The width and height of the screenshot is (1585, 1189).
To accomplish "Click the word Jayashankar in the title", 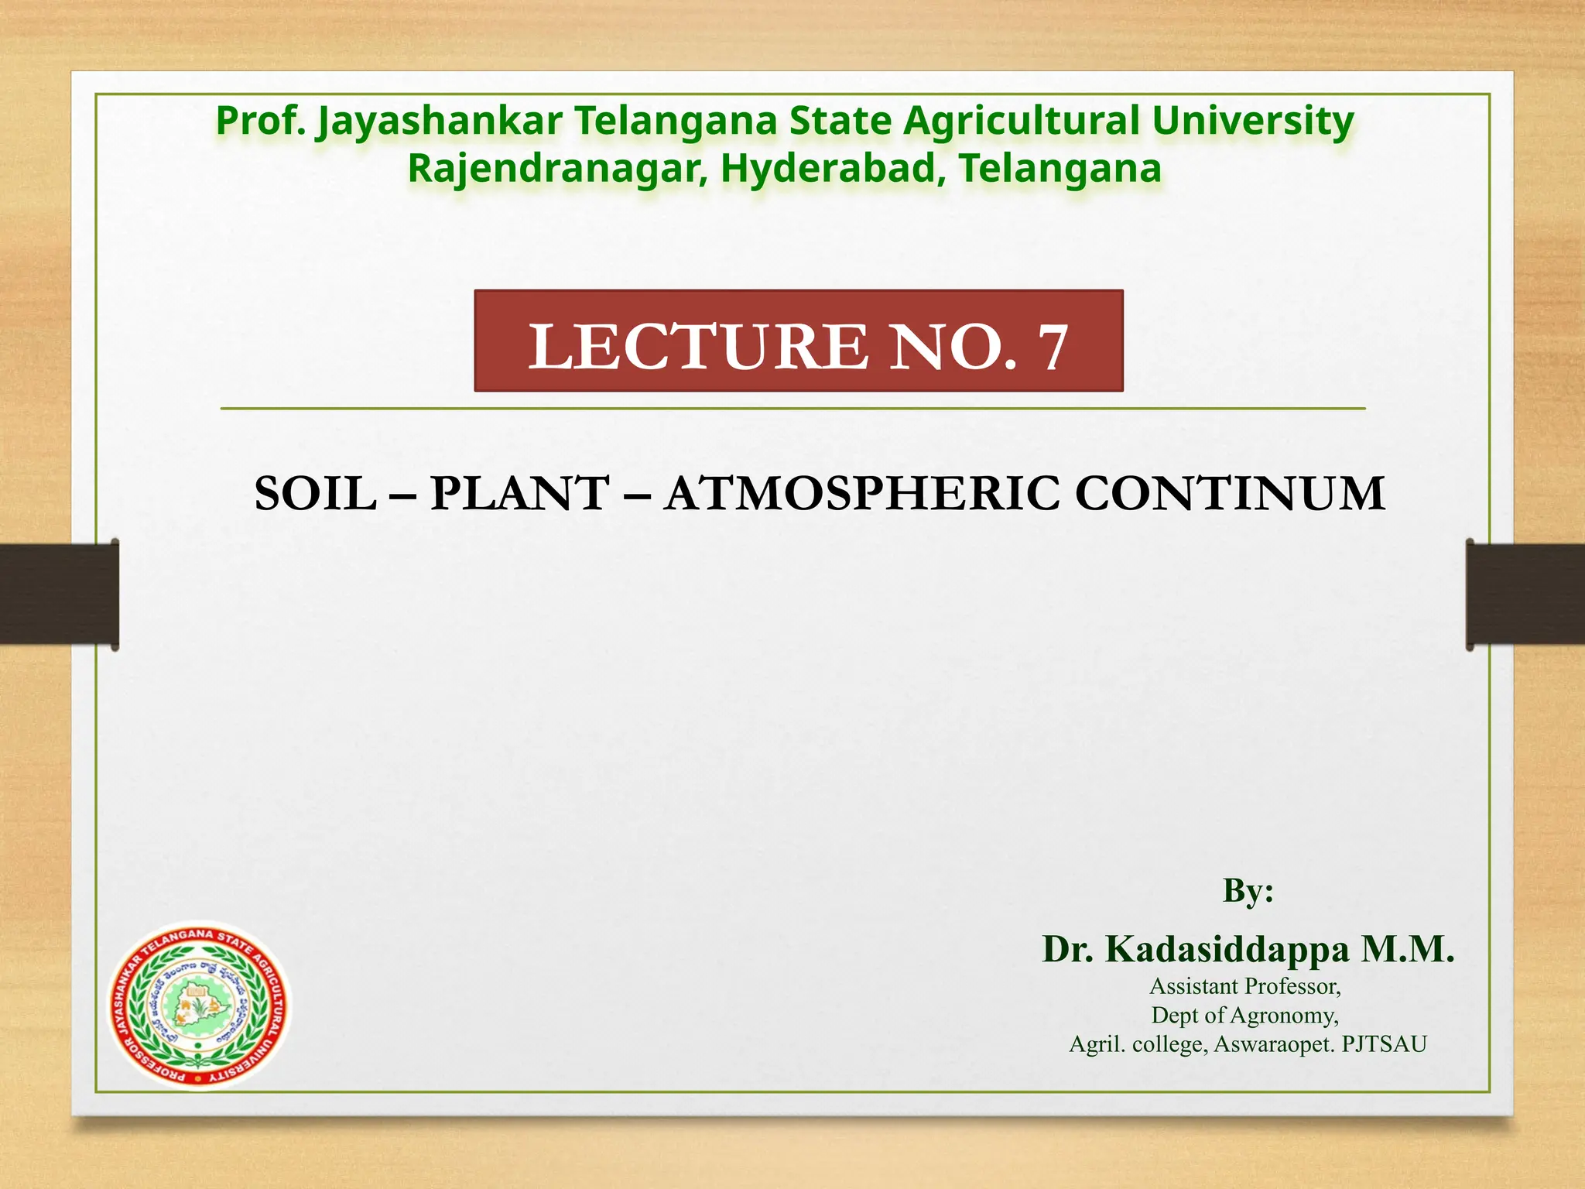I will pyautogui.click(x=439, y=122).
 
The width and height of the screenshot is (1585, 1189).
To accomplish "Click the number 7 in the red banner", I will pyautogui.click(x=1053, y=348).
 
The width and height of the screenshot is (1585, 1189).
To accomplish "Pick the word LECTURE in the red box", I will pyautogui.click(x=698, y=346).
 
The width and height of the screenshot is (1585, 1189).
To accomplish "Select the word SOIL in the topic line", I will pyautogui.click(x=315, y=493).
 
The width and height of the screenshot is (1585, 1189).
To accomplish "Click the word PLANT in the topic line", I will pyautogui.click(x=519, y=493).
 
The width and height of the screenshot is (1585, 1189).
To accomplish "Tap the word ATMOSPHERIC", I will pyautogui.click(x=862, y=493).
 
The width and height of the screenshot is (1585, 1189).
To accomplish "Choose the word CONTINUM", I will pyautogui.click(x=1230, y=493).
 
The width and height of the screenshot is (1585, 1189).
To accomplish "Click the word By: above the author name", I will pyautogui.click(x=1248, y=890).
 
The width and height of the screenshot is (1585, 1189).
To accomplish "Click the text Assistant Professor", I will pyautogui.click(x=1244, y=986).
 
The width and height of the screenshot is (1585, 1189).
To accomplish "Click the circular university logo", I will pyautogui.click(x=199, y=1004).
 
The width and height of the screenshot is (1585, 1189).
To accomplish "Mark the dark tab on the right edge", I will pyautogui.click(x=1525, y=594).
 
